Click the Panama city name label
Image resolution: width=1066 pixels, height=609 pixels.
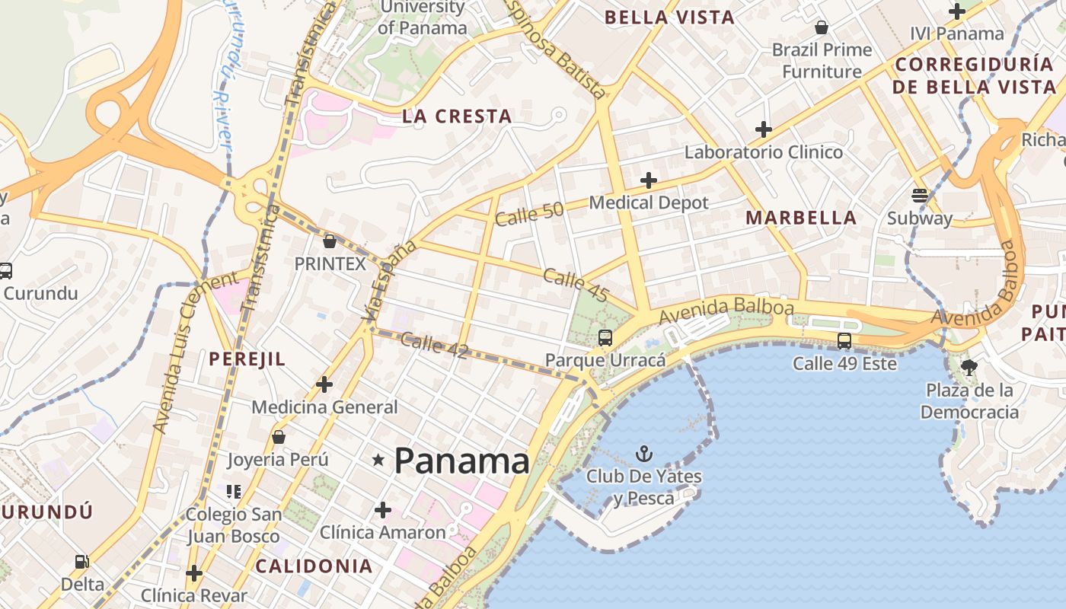tap(461, 461)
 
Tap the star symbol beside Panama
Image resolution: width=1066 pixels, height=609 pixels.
tap(378, 460)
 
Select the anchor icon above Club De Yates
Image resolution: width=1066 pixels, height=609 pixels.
tap(644, 454)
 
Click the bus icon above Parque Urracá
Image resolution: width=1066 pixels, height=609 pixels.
tap(605, 337)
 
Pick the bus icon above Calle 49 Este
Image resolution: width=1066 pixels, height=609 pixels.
tap(844, 340)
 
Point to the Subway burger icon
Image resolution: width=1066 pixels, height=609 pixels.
tap(920, 195)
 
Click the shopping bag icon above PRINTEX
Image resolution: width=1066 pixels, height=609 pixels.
tap(330, 241)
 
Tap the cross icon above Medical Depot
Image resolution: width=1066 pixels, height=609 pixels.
tap(649, 180)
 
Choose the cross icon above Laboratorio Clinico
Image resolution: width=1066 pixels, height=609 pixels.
tap(764, 129)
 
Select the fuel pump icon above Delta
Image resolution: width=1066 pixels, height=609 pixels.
tap(81, 562)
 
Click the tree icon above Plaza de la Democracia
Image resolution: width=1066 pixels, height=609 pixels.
tap(969, 368)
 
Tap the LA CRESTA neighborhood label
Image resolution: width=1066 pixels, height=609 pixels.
tap(457, 116)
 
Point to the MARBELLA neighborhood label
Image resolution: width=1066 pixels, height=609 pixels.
tap(801, 218)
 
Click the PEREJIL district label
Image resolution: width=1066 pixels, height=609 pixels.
tap(247, 359)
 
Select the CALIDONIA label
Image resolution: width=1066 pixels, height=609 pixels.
tap(314, 566)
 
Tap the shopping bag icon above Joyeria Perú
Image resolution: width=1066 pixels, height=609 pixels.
tap(279, 437)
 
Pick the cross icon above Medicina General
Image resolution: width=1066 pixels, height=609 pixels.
tap(324, 384)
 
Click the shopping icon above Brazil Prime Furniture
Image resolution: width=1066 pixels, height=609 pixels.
tap(822, 27)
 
